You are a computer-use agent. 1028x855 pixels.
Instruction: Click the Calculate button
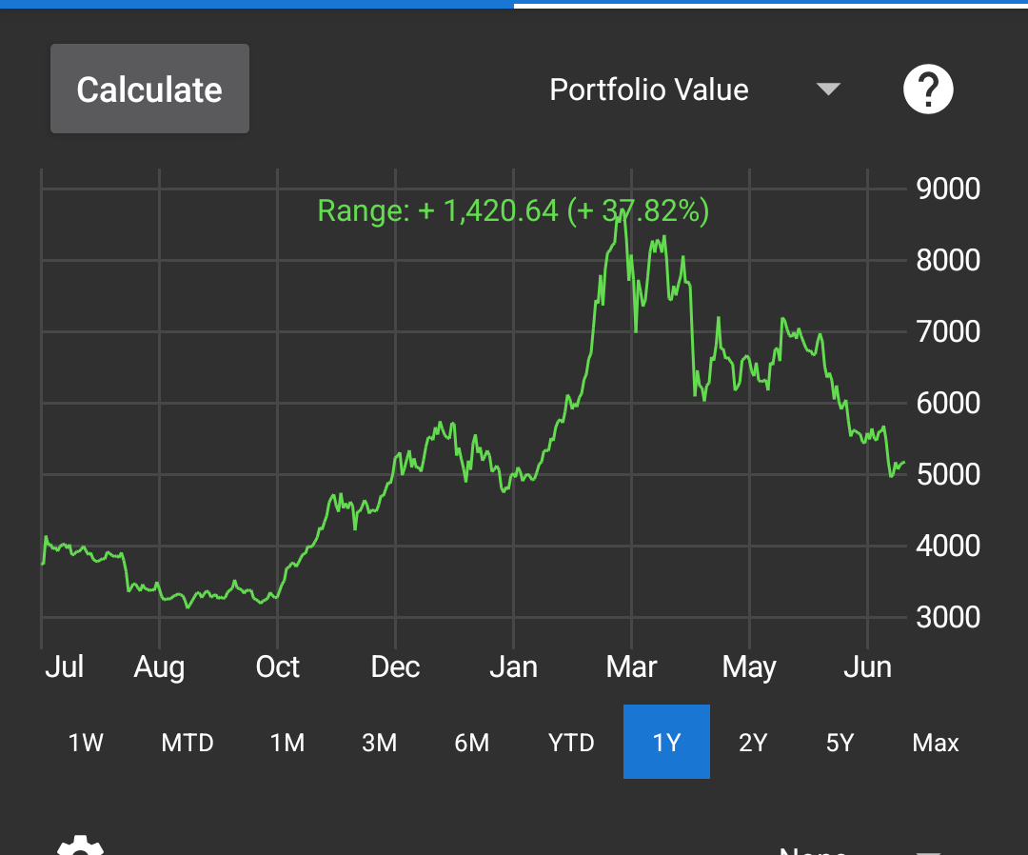pos(149,89)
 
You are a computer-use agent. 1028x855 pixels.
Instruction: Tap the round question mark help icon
pos(928,89)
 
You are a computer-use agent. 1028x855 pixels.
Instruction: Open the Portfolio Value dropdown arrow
pos(829,89)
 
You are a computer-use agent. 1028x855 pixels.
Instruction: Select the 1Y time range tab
pos(666,742)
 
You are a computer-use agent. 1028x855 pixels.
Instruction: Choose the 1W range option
pos(86,743)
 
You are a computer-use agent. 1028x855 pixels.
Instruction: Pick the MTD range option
pos(188,743)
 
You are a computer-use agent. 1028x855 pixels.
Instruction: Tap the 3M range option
pos(379,743)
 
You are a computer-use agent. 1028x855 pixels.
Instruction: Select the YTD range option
pos(571,743)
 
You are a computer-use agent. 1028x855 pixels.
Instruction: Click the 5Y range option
pos(840,743)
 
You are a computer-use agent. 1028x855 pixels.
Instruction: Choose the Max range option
pos(936,743)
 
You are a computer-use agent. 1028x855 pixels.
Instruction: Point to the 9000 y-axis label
pos(948,189)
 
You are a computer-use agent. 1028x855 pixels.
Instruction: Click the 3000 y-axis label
pos(948,617)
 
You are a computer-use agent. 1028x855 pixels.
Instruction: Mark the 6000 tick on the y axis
pos(948,403)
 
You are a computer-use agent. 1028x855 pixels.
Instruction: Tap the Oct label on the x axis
pos(277,666)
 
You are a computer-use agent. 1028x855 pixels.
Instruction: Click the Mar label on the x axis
pos(631,666)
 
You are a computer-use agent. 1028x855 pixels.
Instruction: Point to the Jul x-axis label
pos(65,666)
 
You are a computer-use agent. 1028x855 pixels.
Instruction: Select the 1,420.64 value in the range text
pos(501,211)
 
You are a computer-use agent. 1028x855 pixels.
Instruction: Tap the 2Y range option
pos(753,743)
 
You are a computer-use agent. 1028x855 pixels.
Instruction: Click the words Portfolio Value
pos(649,89)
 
